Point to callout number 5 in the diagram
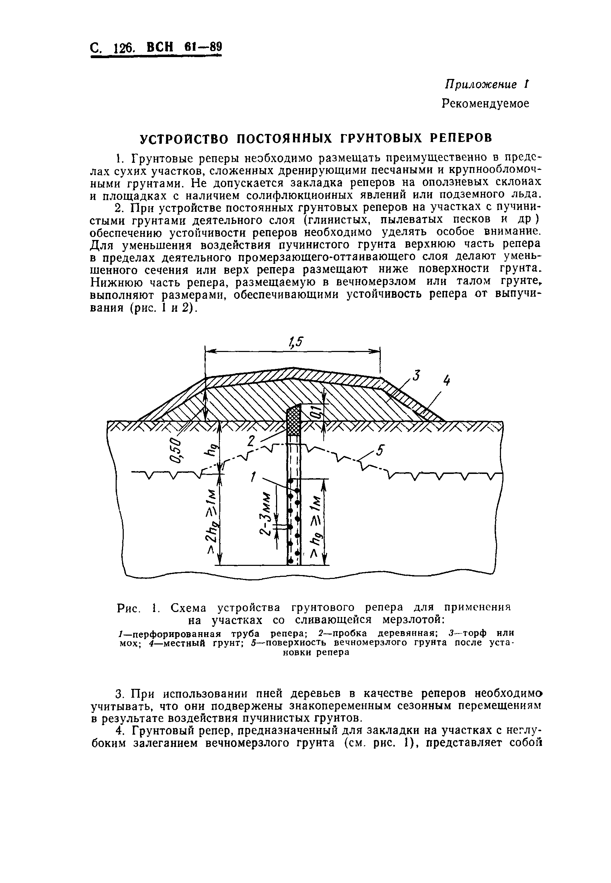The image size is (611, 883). pos(379,451)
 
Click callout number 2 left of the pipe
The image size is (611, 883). pos(251,441)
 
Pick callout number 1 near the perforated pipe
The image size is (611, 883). pos(253,477)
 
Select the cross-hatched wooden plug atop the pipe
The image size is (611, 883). pos(294,420)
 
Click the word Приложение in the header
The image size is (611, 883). pos(481,85)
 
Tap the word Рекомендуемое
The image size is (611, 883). pos(485,104)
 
